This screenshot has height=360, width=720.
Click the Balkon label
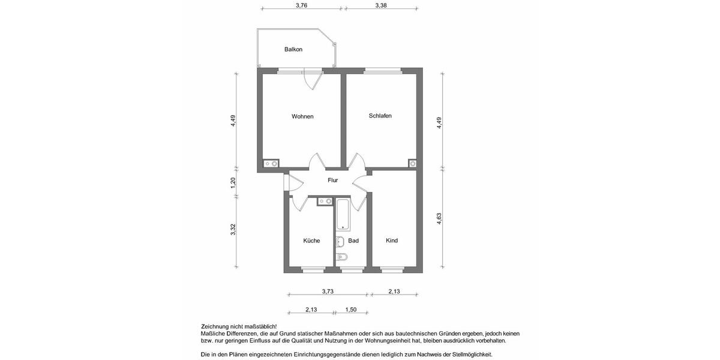pos(293,49)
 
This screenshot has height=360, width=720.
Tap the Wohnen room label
pos(302,116)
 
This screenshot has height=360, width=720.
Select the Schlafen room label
pos(380,116)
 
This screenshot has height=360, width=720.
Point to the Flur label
pos(332,180)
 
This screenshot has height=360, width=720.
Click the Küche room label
pos(311,241)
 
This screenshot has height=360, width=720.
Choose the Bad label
pos(353,241)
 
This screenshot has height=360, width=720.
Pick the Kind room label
pos(392,241)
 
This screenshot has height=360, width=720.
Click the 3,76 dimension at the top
pos(302,5)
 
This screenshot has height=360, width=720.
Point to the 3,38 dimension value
pos(381,5)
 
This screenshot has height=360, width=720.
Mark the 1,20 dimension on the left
pos(233,183)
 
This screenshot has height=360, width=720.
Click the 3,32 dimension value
pos(233,230)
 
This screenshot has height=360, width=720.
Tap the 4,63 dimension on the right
pos(439,218)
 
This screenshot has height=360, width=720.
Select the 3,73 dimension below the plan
pos(328,292)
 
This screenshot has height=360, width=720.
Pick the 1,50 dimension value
pos(350,310)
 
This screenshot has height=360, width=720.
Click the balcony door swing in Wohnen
pos(313,80)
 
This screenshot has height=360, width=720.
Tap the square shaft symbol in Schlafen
pos(412,163)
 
